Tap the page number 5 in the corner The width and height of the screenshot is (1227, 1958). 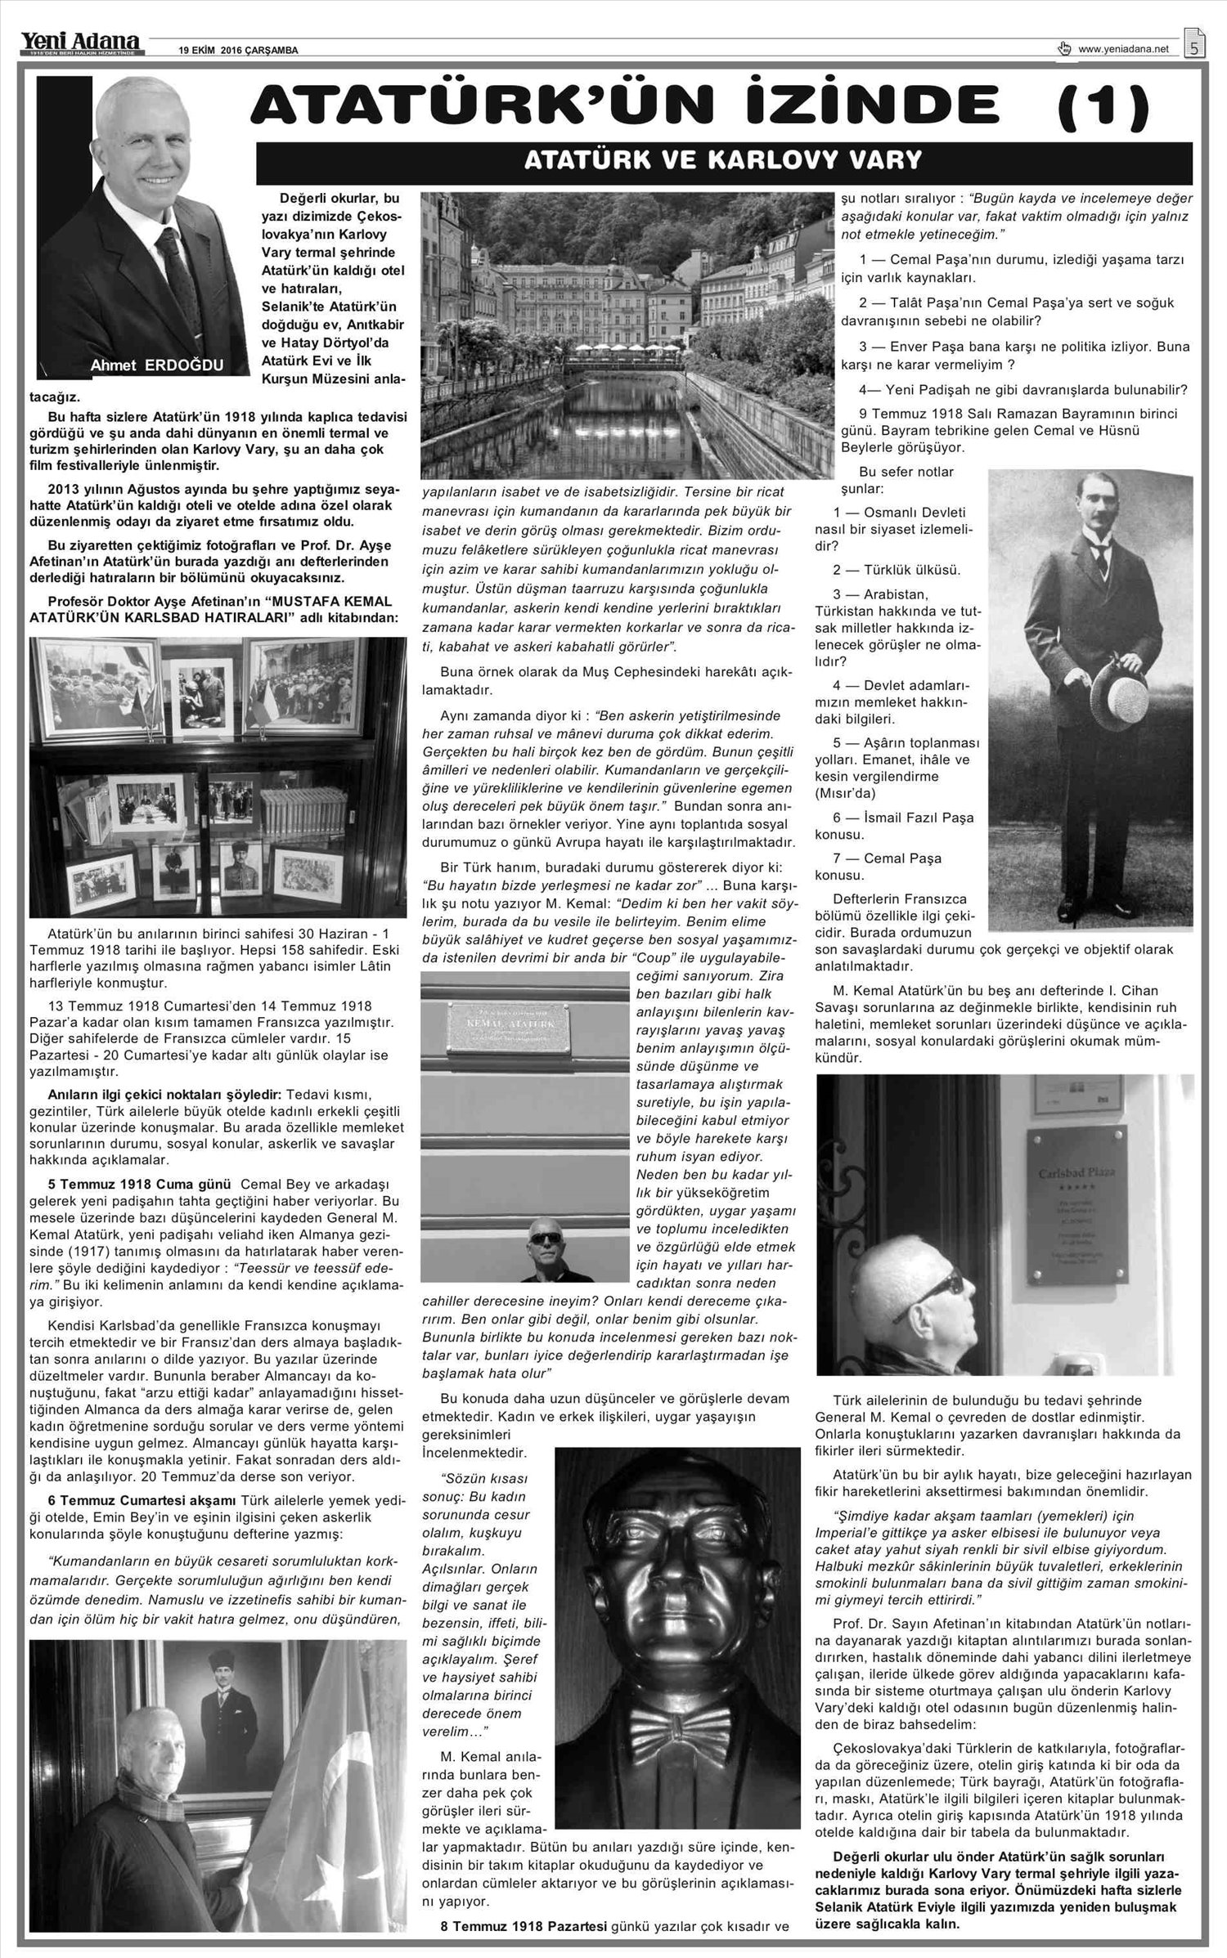point(1194,47)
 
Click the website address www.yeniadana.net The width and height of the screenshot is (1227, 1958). point(1124,50)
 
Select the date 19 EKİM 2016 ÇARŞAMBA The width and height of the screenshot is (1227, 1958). point(238,51)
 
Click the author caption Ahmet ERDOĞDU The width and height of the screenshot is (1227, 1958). point(156,365)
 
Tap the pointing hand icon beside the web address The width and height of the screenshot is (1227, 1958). point(1064,48)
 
